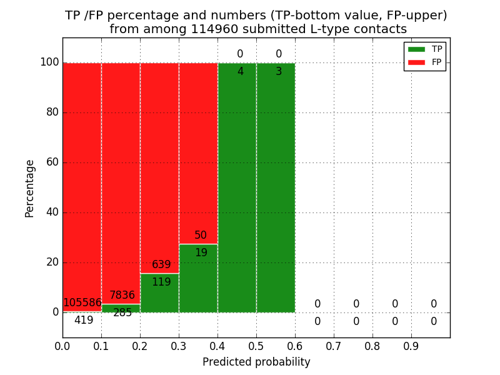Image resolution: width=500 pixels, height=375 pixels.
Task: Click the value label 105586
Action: [82, 303]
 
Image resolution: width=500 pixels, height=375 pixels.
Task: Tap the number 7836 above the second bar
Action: [122, 296]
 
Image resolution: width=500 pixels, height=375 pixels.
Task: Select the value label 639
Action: [161, 265]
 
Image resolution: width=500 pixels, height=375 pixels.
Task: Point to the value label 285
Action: [122, 313]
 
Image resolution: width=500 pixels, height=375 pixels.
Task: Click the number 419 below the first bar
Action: [84, 321]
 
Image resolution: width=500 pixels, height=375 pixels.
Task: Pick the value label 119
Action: [161, 282]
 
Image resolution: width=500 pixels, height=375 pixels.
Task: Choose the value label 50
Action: [200, 236]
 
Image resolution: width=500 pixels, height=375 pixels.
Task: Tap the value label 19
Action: [201, 253]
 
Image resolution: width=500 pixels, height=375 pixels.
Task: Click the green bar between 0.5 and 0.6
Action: [276, 187]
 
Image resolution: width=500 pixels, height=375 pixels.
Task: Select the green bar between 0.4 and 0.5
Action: [237, 187]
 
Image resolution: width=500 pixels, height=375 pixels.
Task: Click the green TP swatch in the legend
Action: [416, 49]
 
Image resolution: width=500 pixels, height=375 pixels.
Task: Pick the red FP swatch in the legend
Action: [416, 62]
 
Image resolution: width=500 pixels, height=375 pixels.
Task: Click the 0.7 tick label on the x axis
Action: [334, 345]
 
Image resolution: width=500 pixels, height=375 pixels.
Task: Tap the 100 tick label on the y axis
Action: [49, 62]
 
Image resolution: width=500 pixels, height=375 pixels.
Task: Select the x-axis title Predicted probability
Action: [256, 362]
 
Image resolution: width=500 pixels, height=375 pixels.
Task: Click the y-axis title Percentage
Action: [30, 188]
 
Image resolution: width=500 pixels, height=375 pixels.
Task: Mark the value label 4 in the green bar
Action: [240, 72]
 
